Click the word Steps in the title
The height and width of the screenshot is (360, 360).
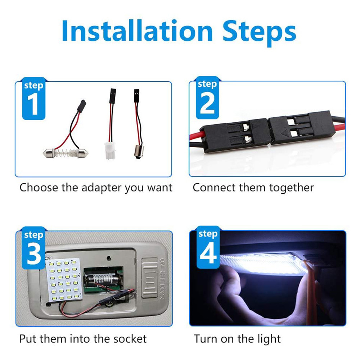click(259, 31)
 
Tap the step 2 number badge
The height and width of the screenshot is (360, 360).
click(207, 98)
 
